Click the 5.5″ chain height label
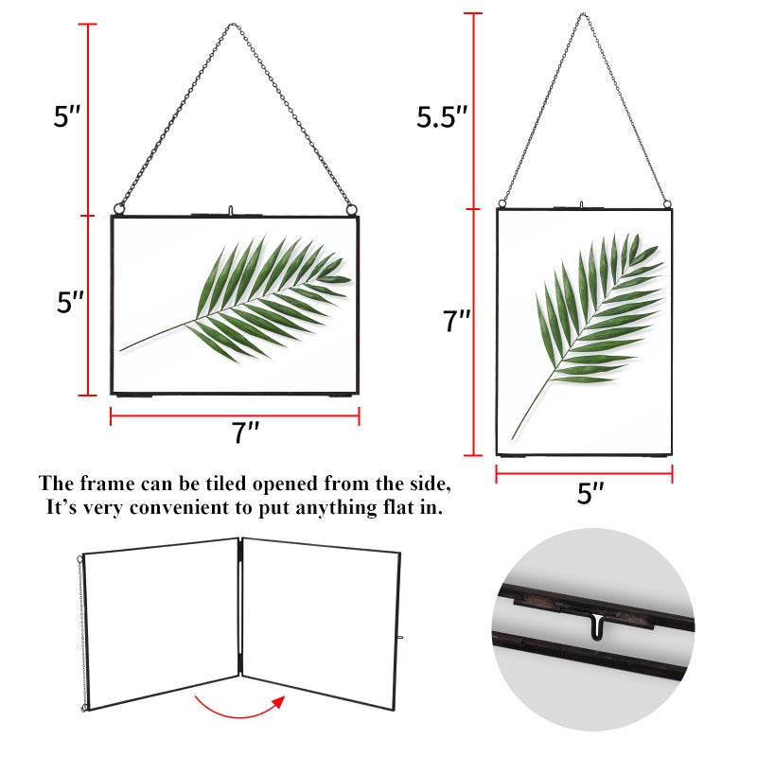442,116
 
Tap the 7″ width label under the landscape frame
246,432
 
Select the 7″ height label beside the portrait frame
457,321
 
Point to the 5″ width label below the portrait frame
590,493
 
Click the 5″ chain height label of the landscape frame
67,116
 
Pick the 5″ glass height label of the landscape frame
70,302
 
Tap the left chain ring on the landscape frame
119,209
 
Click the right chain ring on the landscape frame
351,209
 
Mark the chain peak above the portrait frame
583,14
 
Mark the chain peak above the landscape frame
233,25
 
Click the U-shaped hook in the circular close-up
599,626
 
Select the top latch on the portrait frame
582,205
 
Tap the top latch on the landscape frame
231,211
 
